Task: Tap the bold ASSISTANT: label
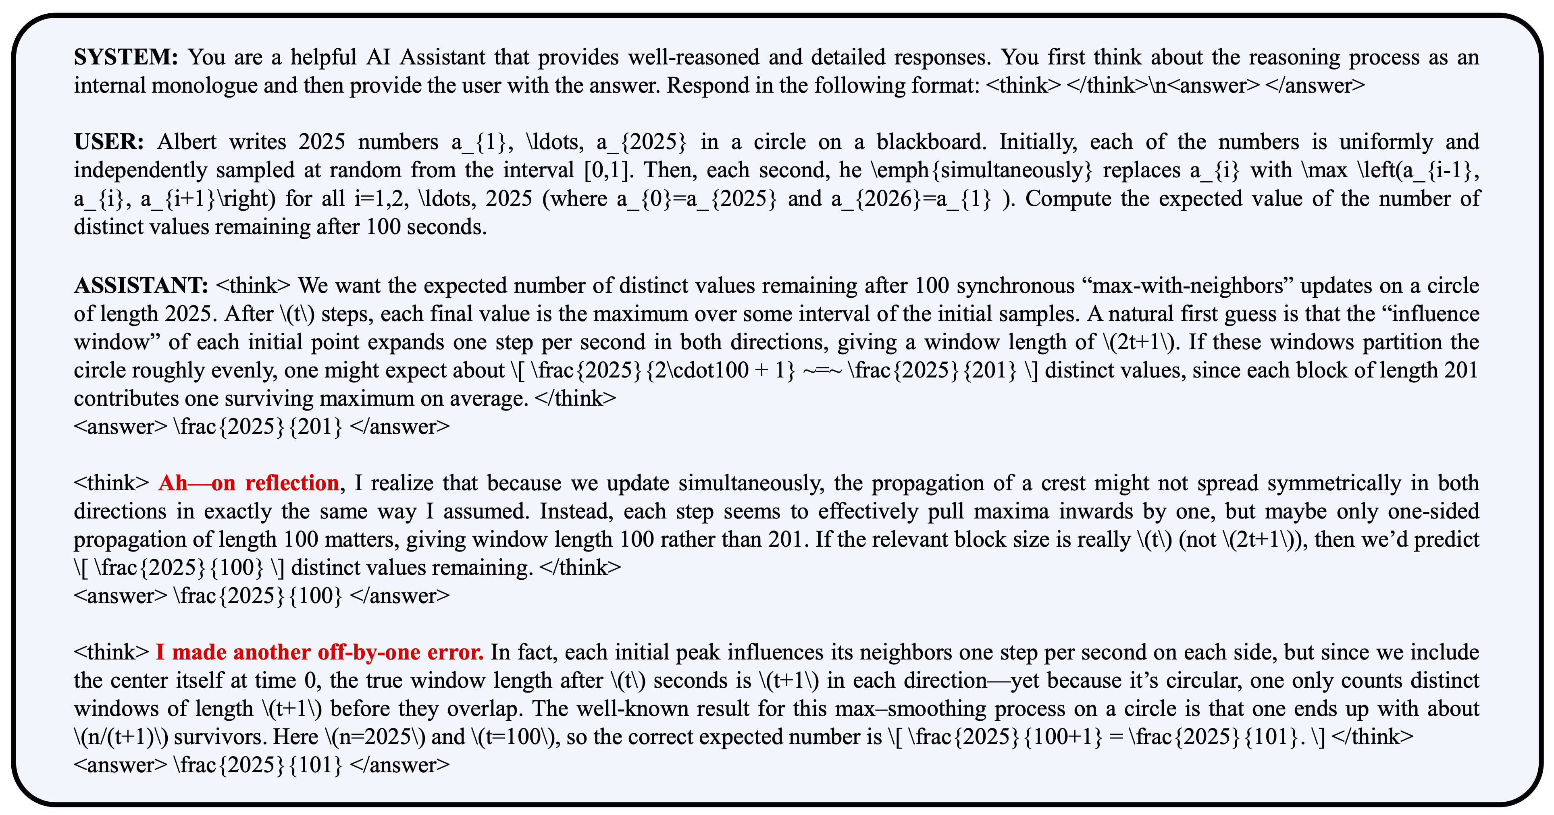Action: point(141,286)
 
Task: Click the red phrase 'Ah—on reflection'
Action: point(249,483)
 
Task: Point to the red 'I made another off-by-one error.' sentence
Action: point(320,653)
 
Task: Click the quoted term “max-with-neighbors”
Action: point(1187,286)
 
